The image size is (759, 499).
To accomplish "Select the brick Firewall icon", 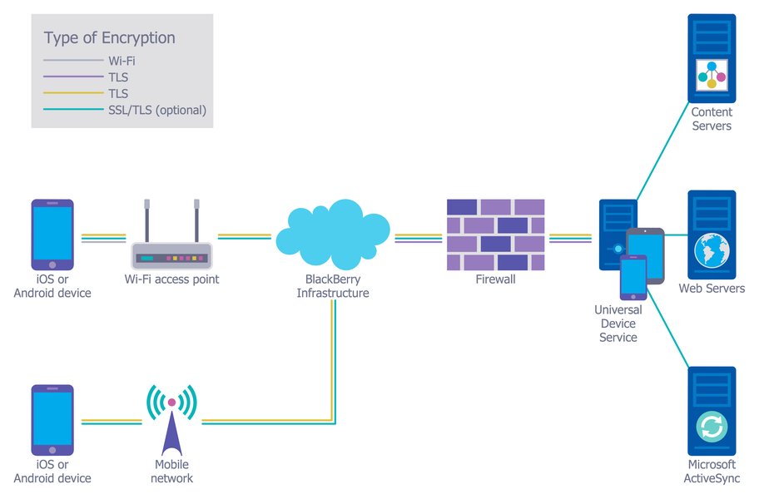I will (x=495, y=235).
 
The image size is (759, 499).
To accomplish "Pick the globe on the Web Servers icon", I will (x=712, y=249).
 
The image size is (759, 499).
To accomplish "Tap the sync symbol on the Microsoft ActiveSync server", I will (x=712, y=427).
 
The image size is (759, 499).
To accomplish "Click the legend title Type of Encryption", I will (x=109, y=38).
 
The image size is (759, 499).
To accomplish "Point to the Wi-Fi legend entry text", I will (x=122, y=61).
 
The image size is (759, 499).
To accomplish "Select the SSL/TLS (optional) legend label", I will (x=156, y=110).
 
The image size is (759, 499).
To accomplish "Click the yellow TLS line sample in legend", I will (x=72, y=94).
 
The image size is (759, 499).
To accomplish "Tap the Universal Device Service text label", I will (x=618, y=324).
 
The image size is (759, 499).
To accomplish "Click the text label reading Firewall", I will (x=495, y=279).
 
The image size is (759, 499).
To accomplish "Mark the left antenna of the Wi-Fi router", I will (x=147, y=220).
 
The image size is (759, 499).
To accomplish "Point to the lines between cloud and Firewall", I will (x=418, y=239).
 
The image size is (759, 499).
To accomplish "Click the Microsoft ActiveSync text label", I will (x=712, y=472).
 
